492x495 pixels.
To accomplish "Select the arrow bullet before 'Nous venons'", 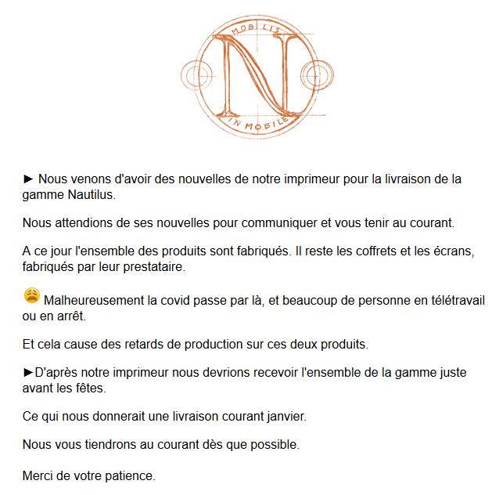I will pos(29,179).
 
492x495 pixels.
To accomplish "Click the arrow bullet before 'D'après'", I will pos(29,373).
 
